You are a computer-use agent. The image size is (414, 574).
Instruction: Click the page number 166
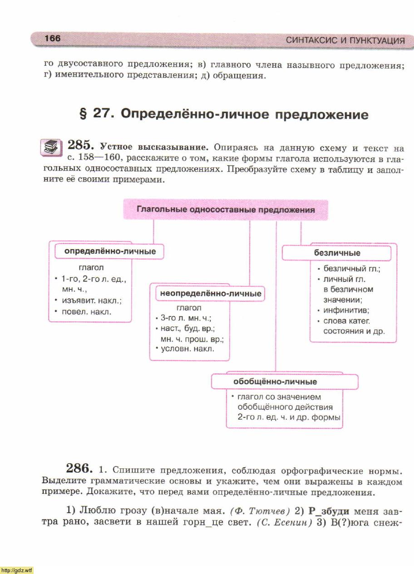[x=53, y=39]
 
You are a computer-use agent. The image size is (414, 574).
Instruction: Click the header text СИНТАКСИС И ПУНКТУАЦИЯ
[x=345, y=40]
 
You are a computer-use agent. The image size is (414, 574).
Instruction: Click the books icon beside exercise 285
[x=51, y=147]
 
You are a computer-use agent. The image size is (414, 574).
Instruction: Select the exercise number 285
[x=80, y=146]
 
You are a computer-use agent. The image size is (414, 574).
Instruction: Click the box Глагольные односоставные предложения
[x=226, y=210]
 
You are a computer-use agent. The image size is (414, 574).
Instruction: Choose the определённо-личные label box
[x=110, y=251]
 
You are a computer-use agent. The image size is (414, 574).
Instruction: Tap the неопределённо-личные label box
[x=211, y=294]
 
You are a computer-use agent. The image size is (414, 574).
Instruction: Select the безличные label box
[x=337, y=253]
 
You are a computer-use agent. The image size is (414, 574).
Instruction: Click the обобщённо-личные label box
[x=275, y=382]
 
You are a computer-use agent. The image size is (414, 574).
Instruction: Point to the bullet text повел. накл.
[x=86, y=312]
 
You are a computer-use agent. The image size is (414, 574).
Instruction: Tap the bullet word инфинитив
[x=346, y=310]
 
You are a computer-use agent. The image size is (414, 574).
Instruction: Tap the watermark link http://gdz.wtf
[x=17, y=570]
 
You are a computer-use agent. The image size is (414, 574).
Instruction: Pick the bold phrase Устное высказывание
[x=154, y=147]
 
